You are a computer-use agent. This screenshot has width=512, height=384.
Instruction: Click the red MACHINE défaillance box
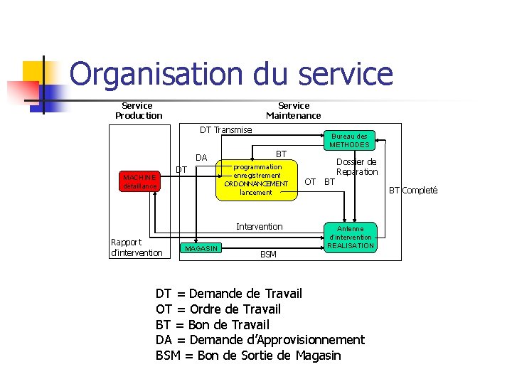point(138,181)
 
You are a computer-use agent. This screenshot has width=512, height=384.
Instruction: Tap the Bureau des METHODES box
point(350,140)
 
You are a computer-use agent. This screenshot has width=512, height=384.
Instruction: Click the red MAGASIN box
point(201,247)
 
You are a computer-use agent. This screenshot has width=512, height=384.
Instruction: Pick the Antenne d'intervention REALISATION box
point(351,238)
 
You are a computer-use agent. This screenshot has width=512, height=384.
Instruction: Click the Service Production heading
point(138,110)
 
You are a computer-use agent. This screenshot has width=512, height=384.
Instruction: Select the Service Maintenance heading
point(293,110)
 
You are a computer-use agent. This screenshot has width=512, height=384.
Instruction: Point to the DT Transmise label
point(225,129)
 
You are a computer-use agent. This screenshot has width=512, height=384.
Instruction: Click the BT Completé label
point(412,190)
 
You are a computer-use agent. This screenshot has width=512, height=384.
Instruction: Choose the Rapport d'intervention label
point(137,247)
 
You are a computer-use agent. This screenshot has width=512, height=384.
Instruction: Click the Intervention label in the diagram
point(259,226)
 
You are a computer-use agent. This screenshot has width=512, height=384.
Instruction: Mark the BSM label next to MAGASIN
point(268,254)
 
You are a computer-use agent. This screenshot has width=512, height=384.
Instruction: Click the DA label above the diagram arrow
point(201,157)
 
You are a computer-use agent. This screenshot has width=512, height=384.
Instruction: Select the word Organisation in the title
point(156,74)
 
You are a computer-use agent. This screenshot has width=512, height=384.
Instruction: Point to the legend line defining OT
point(218,309)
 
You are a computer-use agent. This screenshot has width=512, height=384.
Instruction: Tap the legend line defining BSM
point(248,356)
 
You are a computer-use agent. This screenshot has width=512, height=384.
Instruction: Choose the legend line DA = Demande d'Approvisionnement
point(260,340)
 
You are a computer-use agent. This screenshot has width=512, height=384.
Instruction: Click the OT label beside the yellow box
point(310,181)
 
